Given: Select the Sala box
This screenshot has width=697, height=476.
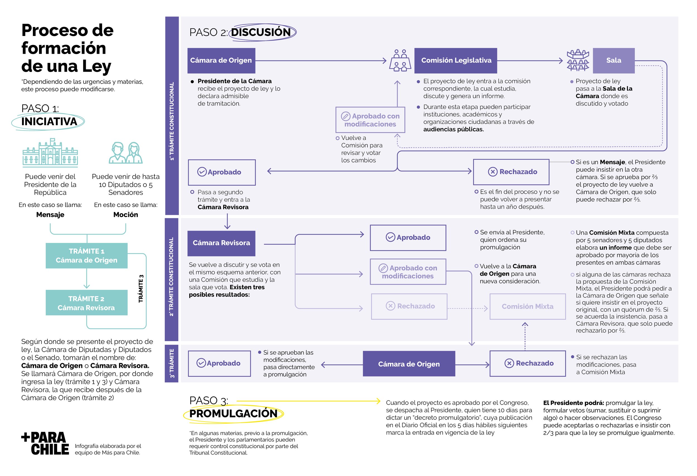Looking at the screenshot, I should coord(613,60).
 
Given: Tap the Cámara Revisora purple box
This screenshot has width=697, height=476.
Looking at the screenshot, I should coord(221,243).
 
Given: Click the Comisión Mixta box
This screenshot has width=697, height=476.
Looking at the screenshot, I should coord(527,306).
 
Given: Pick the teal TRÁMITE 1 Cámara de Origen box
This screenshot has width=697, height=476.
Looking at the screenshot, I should coord(86,255).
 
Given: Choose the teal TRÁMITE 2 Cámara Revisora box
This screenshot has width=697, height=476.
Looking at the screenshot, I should coord(86,303).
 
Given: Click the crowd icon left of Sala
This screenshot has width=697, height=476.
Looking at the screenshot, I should coord(577,60).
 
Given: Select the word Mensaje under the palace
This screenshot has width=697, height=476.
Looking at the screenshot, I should coord(50,215).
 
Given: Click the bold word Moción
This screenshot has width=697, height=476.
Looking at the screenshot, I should coord(125,215).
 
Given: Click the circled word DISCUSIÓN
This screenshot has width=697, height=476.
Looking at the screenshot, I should coord(261,32).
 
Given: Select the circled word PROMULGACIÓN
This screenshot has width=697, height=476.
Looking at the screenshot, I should coord(233,413).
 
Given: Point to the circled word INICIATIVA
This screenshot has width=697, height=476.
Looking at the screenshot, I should coord(49,122).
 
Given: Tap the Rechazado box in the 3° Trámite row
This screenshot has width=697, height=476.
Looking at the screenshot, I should coord(527,363).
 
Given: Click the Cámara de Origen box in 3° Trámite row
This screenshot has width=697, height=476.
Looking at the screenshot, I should coord(408,364).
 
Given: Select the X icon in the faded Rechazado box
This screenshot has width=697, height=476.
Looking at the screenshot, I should coord(390,306).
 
